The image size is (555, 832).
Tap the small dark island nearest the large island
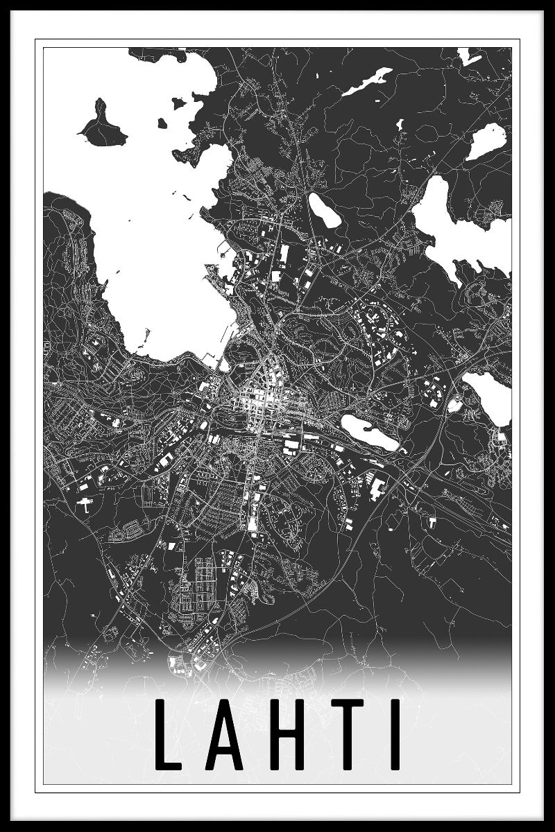(162, 123)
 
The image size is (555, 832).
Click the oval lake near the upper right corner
(486, 141)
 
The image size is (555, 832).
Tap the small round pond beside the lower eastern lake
(454, 406)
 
